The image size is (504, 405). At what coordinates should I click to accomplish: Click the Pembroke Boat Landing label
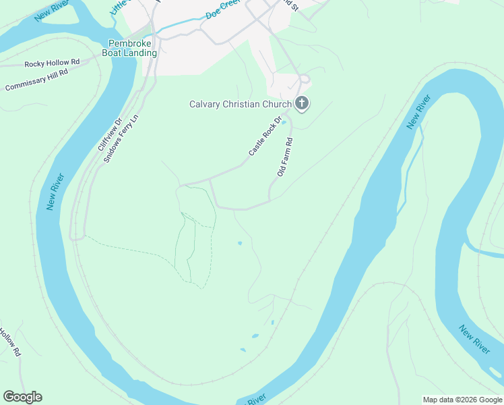point(129,47)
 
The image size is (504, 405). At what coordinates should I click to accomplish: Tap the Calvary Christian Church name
point(240,104)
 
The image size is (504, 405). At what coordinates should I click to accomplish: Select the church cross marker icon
point(302,103)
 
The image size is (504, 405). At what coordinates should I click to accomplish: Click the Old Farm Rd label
point(285,157)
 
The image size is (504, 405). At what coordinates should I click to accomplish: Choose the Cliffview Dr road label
point(108,136)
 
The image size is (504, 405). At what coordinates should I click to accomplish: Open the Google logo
point(22,397)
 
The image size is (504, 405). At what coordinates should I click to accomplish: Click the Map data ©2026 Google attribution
point(462,400)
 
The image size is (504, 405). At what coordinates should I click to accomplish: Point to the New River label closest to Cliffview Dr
point(56,192)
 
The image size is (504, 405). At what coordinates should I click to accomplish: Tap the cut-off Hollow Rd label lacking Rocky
point(11,342)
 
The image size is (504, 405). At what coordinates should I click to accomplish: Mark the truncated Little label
point(119,7)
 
